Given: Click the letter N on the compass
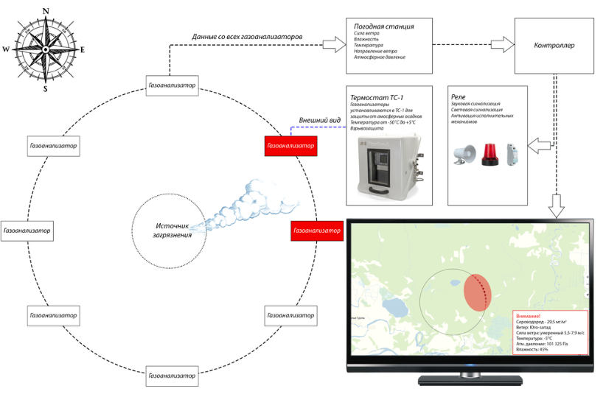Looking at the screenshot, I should tap(46, 11).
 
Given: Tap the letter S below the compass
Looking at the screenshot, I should tap(46, 89).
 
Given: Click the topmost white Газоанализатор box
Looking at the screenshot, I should tap(172, 85).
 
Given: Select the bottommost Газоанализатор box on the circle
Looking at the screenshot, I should tap(173, 376).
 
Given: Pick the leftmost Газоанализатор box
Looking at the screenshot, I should tap(27, 231).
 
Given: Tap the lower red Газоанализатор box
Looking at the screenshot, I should tap(317, 231).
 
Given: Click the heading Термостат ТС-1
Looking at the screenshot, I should tap(377, 97).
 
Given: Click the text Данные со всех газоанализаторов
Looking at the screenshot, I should tap(247, 36).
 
